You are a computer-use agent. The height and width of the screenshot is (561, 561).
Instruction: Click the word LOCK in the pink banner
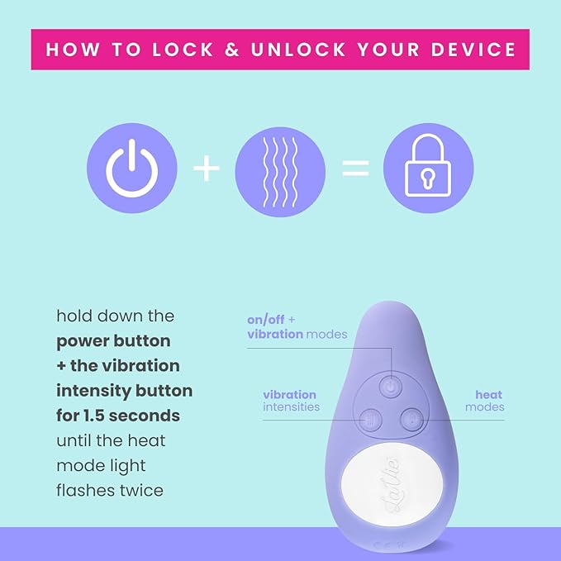click(183, 50)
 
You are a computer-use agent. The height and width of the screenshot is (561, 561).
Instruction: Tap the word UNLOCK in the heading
click(298, 50)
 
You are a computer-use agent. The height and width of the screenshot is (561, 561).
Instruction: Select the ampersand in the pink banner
click(232, 50)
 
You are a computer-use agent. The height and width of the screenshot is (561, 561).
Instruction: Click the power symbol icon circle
click(132, 169)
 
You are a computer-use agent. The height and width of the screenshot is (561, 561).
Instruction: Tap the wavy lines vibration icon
click(280, 171)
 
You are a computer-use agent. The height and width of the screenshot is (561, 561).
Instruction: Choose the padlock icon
click(428, 169)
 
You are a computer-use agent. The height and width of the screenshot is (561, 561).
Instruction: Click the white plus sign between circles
click(206, 169)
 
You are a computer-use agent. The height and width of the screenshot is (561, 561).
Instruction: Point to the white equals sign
click(355, 169)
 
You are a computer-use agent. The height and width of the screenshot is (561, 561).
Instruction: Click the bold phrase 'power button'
click(113, 341)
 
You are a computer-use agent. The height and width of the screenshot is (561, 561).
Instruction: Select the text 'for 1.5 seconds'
click(118, 416)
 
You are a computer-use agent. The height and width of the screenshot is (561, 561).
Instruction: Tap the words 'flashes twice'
click(110, 491)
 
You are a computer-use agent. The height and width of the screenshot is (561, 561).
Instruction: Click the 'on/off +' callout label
click(271, 320)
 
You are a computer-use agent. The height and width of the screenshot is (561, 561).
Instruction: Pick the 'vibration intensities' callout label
click(291, 401)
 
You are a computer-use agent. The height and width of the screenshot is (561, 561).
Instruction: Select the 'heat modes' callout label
click(485, 401)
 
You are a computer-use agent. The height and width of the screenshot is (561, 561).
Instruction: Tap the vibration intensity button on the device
click(371, 420)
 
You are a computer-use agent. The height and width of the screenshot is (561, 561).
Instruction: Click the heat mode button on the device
click(412, 420)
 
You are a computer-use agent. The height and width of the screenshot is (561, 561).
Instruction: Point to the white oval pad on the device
click(392, 485)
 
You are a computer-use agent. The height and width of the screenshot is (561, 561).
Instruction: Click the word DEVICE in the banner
click(473, 50)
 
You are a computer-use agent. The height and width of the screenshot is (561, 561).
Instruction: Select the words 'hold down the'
click(115, 316)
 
